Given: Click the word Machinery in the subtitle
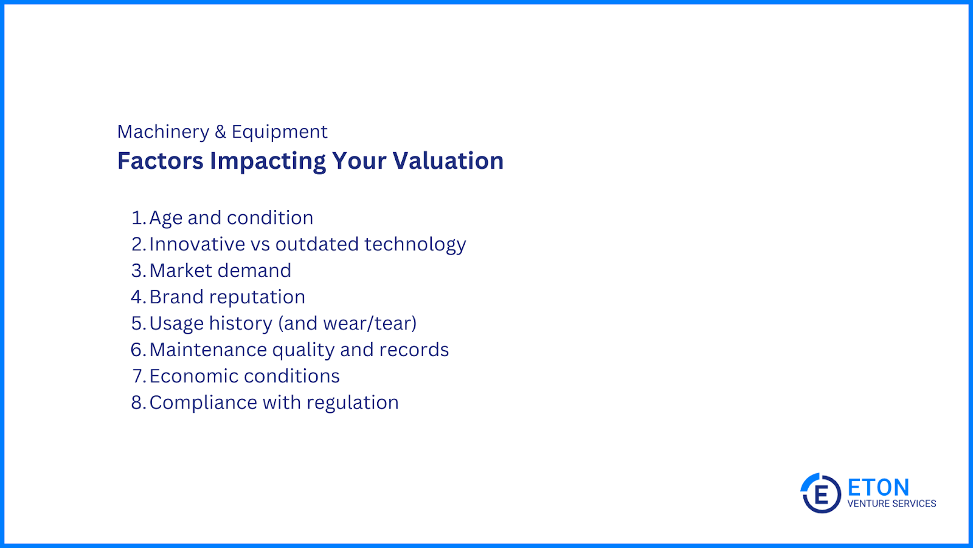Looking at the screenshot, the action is pyautogui.click(x=164, y=132).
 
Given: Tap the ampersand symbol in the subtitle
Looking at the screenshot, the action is pyautogui.click(x=221, y=132).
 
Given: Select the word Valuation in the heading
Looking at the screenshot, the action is pyautogui.click(x=448, y=161).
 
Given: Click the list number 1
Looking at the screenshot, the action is pyautogui.click(x=137, y=218).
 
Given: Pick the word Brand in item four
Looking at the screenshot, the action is pyautogui.click(x=176, y=297).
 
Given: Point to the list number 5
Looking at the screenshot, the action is pyautogui.click(x=138, y=323).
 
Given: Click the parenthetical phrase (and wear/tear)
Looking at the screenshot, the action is pyautogui.click(x=347, y=323).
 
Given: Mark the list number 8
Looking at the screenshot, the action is pyautogui.click(x=138, y=402).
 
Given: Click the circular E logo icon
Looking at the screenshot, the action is pyautogui.click(x=820, y=493).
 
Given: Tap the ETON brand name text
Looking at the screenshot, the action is pyautogui.click(x=878, y=488).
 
